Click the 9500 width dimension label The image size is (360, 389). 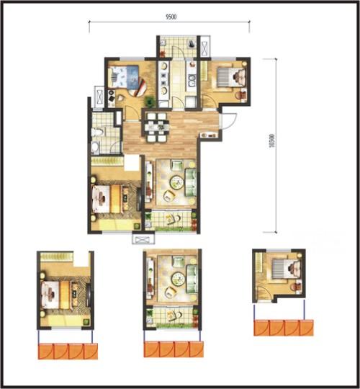[171, 17]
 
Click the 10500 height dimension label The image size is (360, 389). [272, 141]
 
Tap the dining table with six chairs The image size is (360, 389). [156, 128]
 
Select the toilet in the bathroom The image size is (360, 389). [96, 133]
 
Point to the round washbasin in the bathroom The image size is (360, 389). [95, 147]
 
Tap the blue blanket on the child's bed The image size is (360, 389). [132, 74]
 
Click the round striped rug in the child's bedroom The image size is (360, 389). [138, 87]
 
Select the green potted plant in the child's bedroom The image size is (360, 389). [149, 101]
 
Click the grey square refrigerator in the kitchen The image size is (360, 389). [191, 102]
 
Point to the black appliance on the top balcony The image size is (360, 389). [192, 44]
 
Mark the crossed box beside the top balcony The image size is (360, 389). [205, 49]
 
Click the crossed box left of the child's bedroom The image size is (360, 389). [99, 97]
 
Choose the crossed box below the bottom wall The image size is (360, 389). [143, 240]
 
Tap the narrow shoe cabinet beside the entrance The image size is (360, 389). [209, 135]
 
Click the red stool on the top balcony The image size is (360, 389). [163, 53]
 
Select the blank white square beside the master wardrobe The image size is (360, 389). [132, 163]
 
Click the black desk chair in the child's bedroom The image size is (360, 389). [112, 98]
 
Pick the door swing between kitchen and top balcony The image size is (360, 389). [179, 53]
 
